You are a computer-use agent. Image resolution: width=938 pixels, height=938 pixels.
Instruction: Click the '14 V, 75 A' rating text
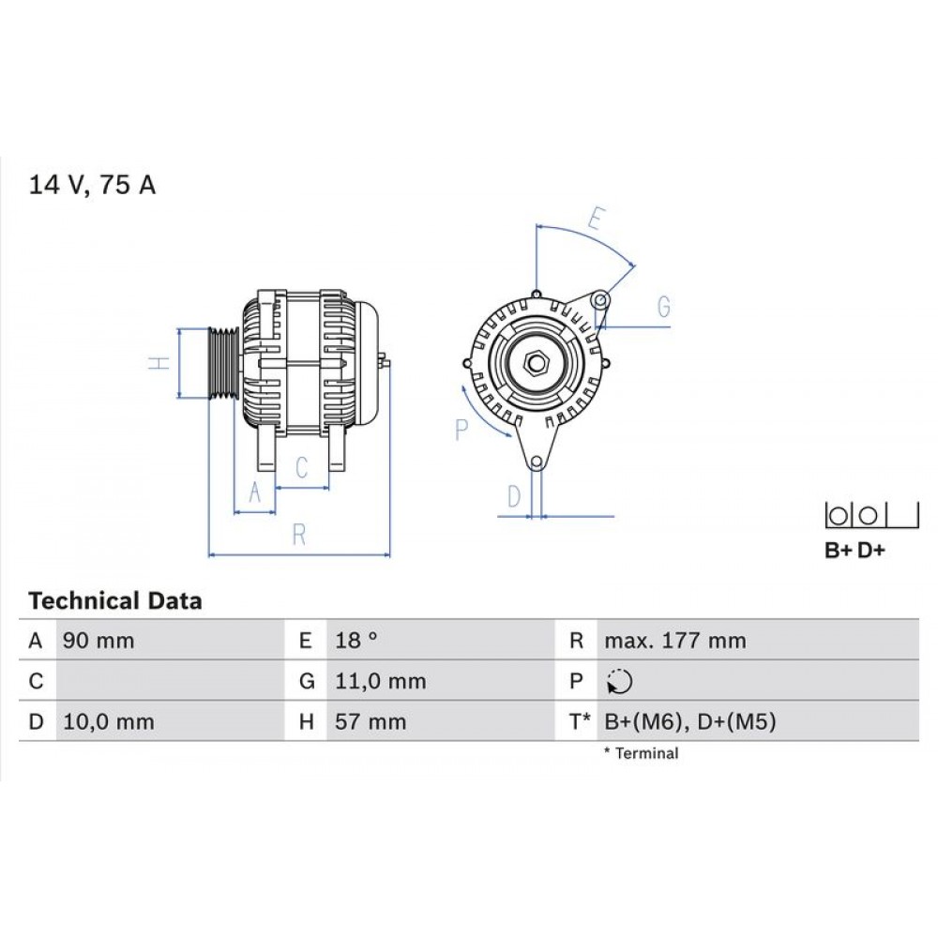pyautogui.click(x=93, y=185)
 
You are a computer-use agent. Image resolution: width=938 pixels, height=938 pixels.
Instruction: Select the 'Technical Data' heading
pyautogui.click(x=114, y=600)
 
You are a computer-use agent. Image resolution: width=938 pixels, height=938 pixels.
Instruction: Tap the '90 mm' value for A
pyautogui.click(x=98, y=642)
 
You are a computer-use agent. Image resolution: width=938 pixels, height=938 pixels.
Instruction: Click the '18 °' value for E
pyautogui.click(x=356, y=642)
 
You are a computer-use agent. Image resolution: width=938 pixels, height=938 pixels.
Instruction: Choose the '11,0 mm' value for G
pyautogui.click(x=380, y=682)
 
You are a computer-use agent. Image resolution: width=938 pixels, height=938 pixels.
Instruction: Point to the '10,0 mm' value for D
pyautogui.click(x=107, y=722)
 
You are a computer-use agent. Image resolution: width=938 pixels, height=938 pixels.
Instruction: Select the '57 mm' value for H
pyautogui.click(x=371, y=722)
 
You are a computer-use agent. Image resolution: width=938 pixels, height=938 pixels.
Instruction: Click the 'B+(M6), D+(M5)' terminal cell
pyautogui.click(x=689, y=722)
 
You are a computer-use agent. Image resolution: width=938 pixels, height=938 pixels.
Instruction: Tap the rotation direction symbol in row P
pyautogui.click(x=619, y=682)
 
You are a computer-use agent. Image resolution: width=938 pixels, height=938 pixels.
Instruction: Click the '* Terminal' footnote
pyautogui.click(x=641, y=753)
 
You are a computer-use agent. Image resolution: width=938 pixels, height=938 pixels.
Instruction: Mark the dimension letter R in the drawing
pyautogui.click(x=299, y=535)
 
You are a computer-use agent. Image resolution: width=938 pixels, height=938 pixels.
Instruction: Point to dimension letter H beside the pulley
pyautogui.click(x=160, y=363)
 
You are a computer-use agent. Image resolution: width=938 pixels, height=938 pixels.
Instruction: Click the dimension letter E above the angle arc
pyautogui.click(x=594, y=218)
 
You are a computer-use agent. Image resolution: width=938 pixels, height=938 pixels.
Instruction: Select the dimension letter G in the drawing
pyautogui.click(x=663, y=306)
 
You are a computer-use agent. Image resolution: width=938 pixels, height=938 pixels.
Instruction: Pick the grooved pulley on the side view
pyautogui.click(x=223, y=364)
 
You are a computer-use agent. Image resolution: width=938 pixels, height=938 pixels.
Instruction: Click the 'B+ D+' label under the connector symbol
pyautogui.click(x=855, y=551)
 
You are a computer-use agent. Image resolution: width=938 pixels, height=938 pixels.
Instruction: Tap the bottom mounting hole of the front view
pyautogui.click(x=536, y=462)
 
